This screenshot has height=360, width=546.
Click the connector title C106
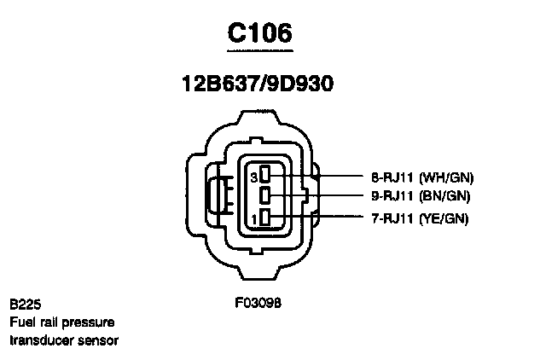pyautogui.click(x=260, y=33)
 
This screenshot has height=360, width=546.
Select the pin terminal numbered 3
pyautogui.click(x=266, y=177)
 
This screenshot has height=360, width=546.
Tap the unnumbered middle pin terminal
pyautogui.click(x=266, y=197)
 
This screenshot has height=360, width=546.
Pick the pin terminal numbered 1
pyautogui.click(x=266, y=219)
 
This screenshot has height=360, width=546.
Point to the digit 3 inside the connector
pyautogui.click(x=253, y=177)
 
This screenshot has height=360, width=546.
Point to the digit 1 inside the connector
pyautogui.click(x=253, y=220)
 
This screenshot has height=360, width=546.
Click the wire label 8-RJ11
pyautogui.click(x=393, y=177)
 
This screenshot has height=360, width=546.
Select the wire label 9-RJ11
pyautogui.click(x=393, y=197)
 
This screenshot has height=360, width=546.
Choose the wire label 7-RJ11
pyautogui.click(x=393, y=219)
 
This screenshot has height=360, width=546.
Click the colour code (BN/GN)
pyautogui.click(x=447, y=197)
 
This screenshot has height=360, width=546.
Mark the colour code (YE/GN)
pyautogui.click(x=447, y=219)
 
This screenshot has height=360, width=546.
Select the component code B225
pyautogui.click(x=26, y=305)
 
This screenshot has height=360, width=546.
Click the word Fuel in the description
pyautogui.click(x=23, y=322)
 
